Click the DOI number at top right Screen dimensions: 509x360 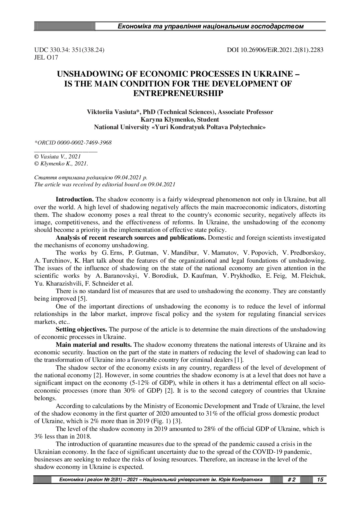[275, 50]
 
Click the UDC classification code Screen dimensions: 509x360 [69, 50]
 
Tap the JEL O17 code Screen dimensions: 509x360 [46, 57]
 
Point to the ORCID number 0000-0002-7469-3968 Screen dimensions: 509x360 [84, 143]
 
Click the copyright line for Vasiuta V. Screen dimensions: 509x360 [57, 157]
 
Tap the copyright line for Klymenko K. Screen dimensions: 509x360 [61, 164]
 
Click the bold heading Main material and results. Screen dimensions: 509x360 [94, 345]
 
